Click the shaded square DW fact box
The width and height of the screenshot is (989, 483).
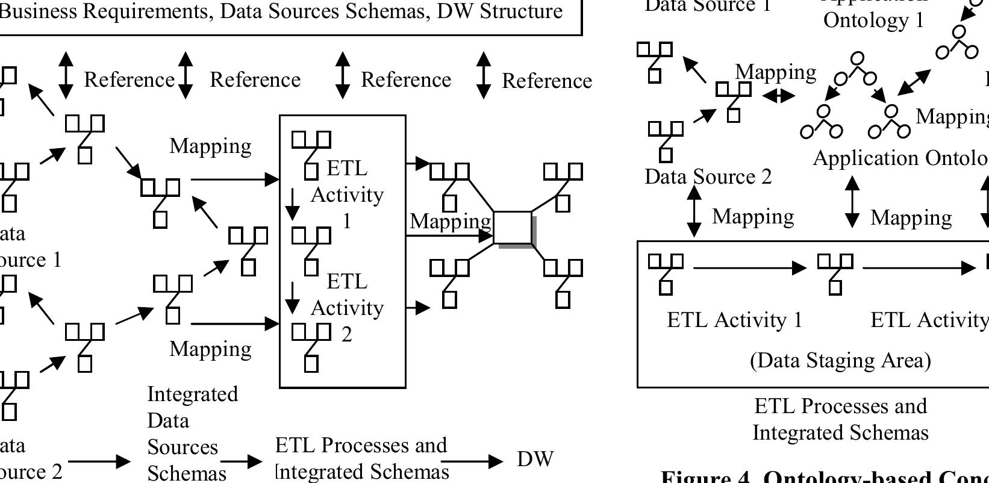513,228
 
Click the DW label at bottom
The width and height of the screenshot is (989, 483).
535,459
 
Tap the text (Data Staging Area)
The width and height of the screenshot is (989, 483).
840,360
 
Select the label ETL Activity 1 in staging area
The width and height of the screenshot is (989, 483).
735,319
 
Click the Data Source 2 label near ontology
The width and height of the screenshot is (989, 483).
708,176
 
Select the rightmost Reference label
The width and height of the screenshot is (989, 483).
546,81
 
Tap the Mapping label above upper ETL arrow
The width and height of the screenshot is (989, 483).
210,146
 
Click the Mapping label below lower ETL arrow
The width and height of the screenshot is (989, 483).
210,349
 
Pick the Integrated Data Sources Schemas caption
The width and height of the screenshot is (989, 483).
192,434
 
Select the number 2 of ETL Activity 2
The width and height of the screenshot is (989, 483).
346,334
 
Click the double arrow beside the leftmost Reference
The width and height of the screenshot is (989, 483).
66,75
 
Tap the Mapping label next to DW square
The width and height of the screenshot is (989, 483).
451,221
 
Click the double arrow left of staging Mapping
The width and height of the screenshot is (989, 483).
694,211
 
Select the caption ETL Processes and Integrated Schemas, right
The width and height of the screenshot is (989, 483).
840,419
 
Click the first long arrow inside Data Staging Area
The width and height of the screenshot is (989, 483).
750,267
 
